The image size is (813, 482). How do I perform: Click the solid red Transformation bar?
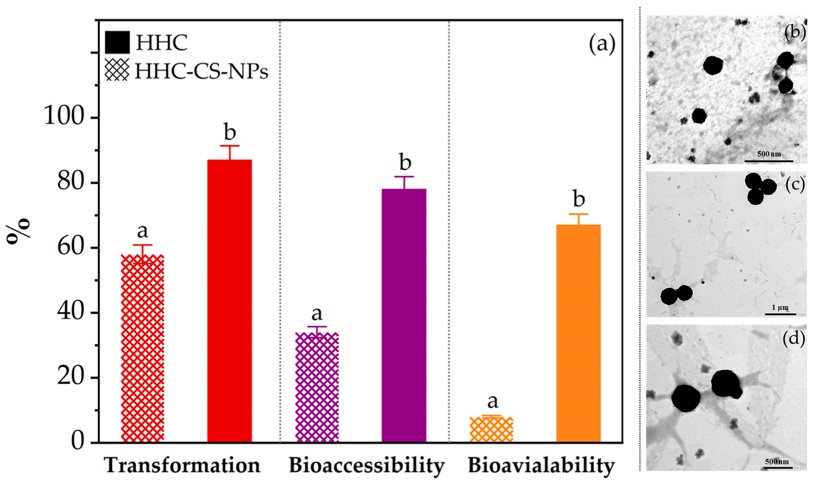coord(229,301)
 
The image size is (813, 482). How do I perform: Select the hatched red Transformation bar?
coord(142,348)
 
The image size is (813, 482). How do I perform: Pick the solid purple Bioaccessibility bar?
coord(404,315)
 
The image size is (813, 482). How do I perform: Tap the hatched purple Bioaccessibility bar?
coord(317,387)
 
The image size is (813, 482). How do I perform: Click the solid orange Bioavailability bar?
coord(578,333)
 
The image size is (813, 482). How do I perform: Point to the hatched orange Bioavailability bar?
coord(491,430)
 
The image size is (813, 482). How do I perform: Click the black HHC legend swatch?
coord(117,43)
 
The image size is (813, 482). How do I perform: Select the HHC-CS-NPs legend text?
coord(201,71)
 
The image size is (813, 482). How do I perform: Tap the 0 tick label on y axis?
coord(78,441)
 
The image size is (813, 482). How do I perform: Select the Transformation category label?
coord(182,466)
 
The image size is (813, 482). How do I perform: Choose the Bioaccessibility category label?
coord(366,466)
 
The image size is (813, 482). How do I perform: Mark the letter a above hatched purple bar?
coord(317,313)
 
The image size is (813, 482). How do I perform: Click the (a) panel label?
coord(602,44)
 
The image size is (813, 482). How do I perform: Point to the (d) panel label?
coord(793,338)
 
